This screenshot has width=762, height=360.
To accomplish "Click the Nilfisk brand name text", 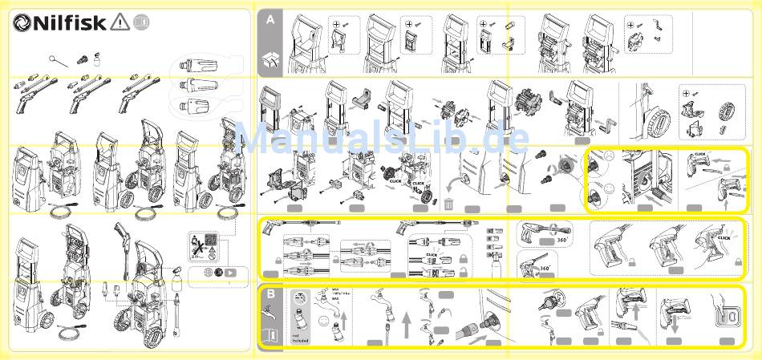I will tap(71, 22).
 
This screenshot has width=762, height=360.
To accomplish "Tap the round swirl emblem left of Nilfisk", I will tap(22, 23).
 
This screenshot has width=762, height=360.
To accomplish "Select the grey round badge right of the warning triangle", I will tap(140, 22).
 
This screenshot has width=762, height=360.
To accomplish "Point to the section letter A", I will tap(270, 22).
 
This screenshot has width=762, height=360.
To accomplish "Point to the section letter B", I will tap(270, 294).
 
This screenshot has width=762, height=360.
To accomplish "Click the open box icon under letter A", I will tap(270, 58).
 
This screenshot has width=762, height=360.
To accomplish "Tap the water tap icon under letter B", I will tap(270, 318).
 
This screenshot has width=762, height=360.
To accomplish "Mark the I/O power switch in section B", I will tap(728, 318).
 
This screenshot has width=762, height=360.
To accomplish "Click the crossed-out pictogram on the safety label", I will tap(197, 241).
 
